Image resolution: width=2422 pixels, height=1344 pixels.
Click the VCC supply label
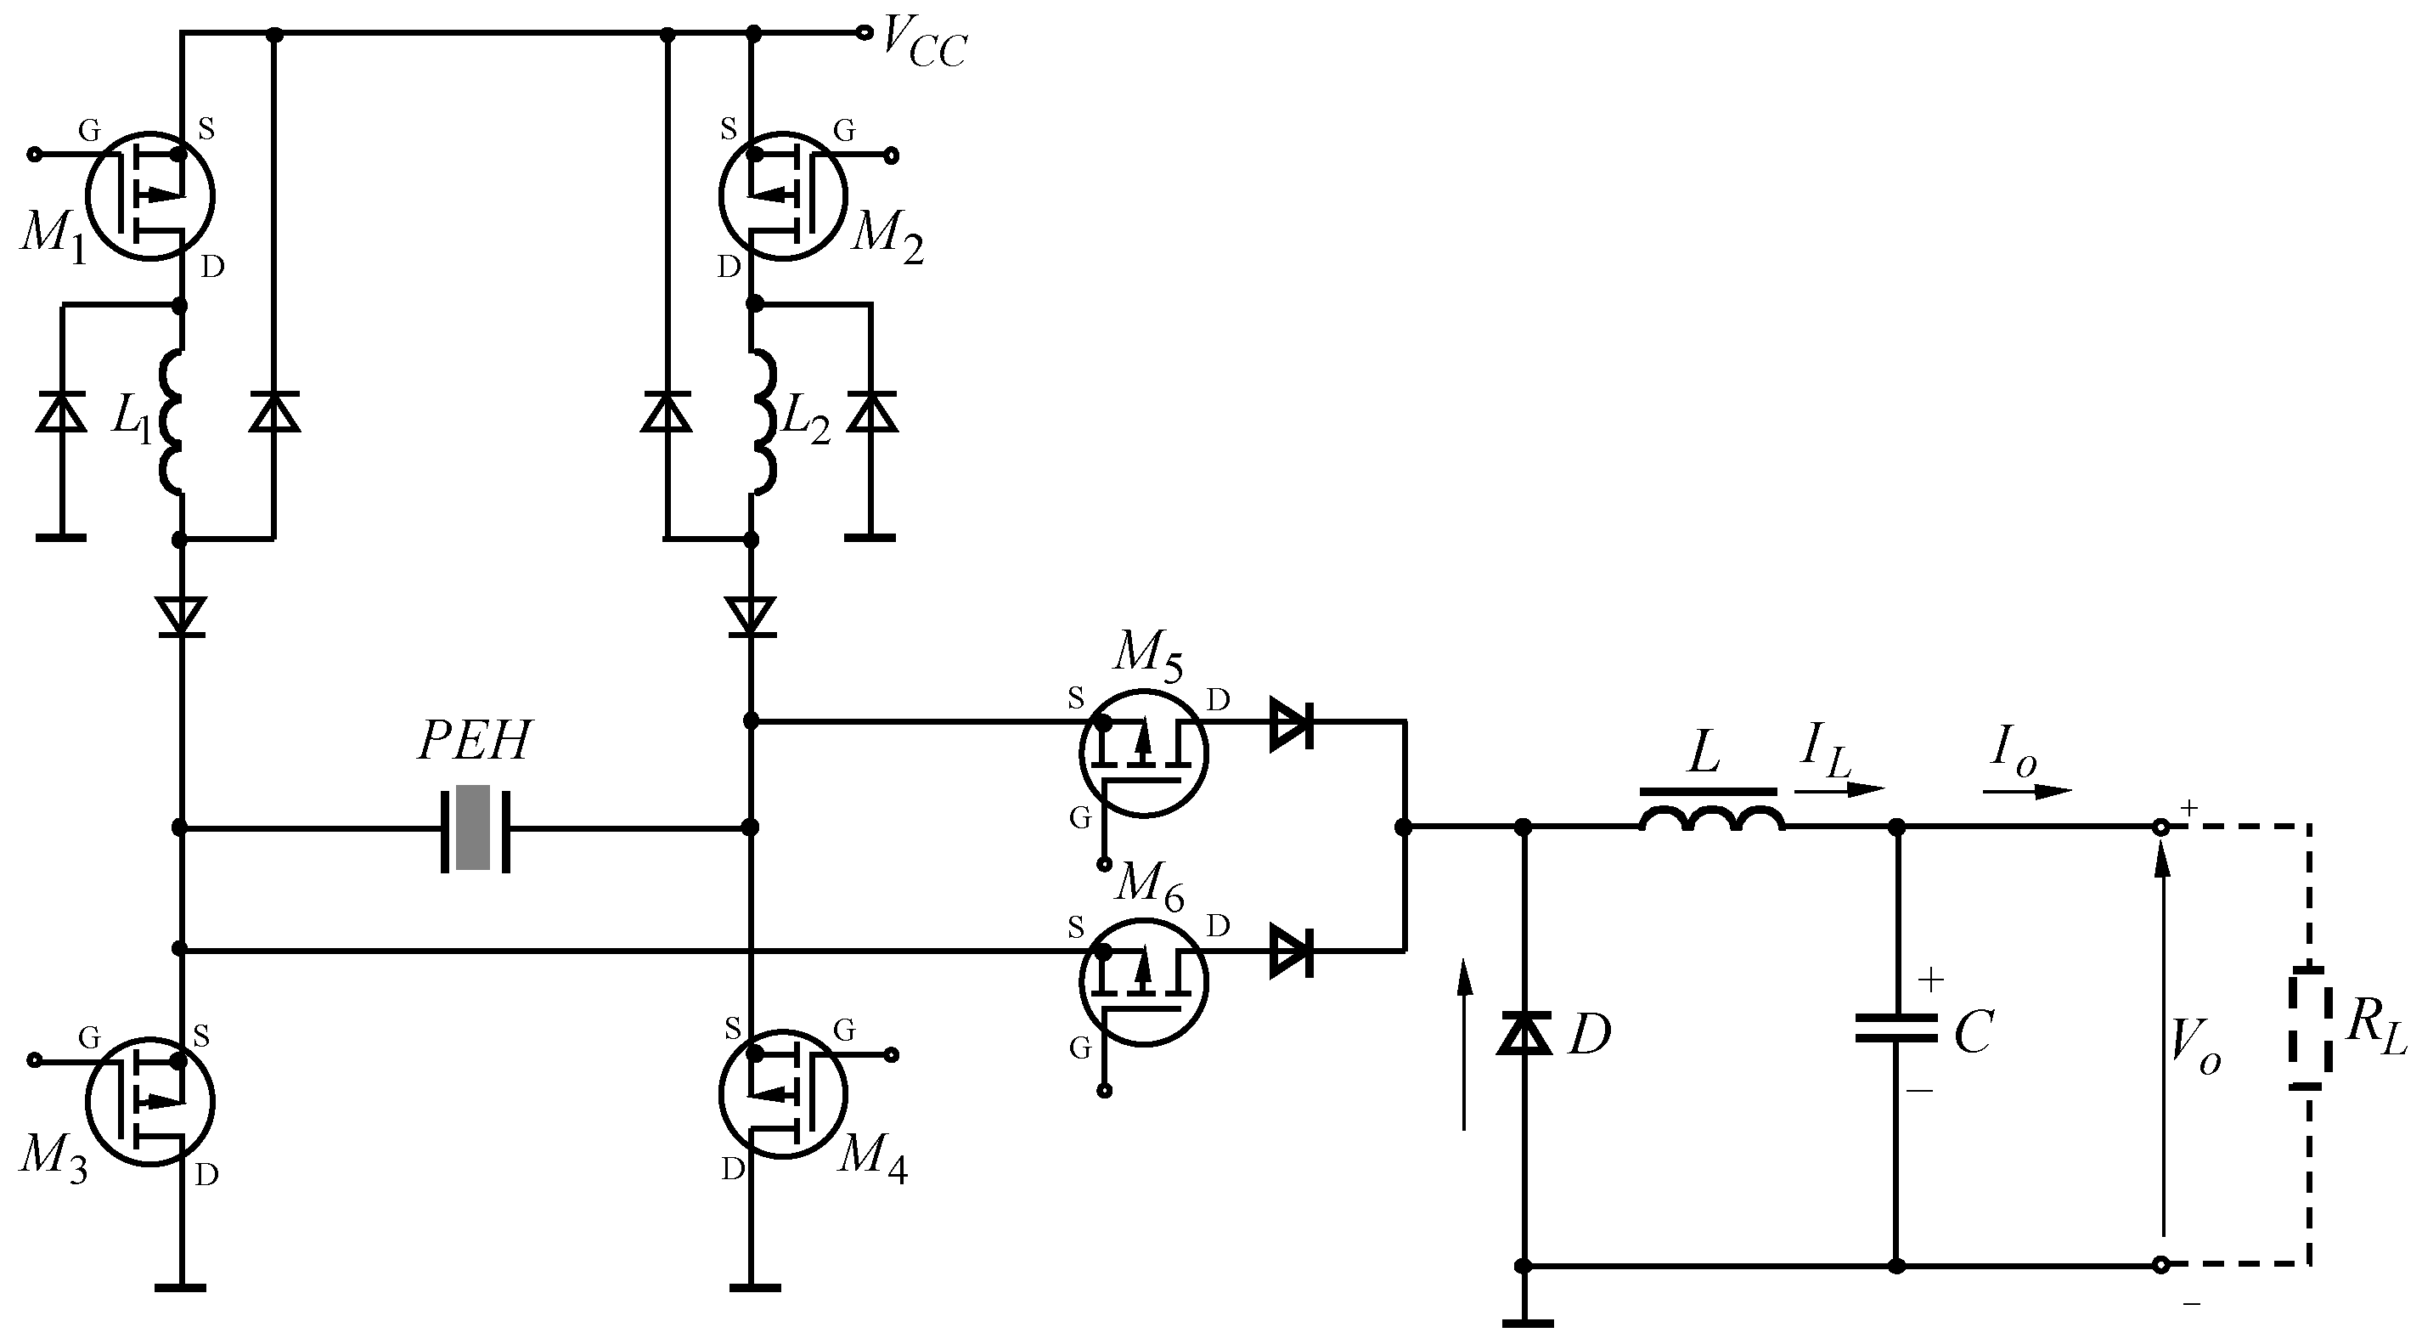point(921,44)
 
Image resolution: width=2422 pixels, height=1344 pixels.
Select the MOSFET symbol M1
point(150,195)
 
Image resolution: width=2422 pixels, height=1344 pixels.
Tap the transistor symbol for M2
point(783,195)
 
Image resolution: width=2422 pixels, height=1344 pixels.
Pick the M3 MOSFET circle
point(150,1101)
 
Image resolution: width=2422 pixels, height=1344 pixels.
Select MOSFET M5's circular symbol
point(1143,754)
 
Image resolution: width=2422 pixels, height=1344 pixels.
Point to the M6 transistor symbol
point(1143,982)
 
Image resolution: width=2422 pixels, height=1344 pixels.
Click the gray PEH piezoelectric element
point(473,827)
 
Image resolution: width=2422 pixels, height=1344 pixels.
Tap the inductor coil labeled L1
point(172,421)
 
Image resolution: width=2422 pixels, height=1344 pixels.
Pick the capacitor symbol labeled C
point(1896,1028)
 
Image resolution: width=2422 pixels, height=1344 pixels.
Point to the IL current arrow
point(1839,788)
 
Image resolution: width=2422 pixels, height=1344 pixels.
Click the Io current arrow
point(2027,791)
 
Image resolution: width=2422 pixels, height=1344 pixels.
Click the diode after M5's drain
point(1291,722)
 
